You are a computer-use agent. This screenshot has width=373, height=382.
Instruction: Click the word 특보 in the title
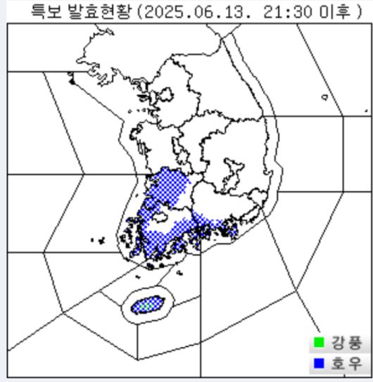pyautogui.click(x=44, y=11)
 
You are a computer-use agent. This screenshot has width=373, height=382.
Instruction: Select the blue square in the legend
pyautogui.click(x=318, y=364)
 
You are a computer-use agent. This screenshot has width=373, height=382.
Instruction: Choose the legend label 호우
pyautogui.click(x=346, y=364)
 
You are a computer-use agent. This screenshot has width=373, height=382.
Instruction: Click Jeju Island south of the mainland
pyautogui.click(x=146, y=305)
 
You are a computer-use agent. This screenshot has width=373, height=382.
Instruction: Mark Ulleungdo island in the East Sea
pyautogui.click(x=324, y=98)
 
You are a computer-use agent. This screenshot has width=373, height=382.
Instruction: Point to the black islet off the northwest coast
pyautogui.click(x=70, y=82)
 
